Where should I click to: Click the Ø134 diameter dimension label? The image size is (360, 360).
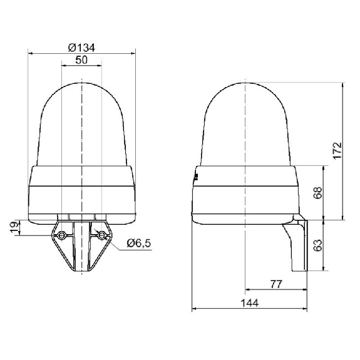pos(81,48)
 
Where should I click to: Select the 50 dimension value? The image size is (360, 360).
pos(81,60)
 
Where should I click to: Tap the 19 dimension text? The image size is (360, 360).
pos(15,227)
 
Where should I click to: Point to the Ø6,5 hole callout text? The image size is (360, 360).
pos(139,243)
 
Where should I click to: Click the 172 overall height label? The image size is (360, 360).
pos(337,151)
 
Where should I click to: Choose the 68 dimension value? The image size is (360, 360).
pos(318,193)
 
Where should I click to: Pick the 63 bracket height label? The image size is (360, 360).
pos(318,245)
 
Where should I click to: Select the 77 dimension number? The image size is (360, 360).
pos(275,284)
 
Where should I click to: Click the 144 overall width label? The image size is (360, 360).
pos(250,303)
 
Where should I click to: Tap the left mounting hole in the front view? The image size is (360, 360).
pos(61,235)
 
